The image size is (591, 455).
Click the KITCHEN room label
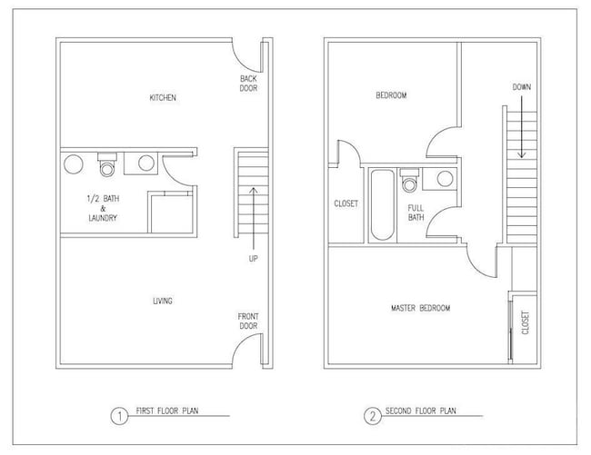click(x=162, y=98)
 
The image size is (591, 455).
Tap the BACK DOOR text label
click(x=248, y=84)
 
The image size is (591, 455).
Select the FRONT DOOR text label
click(x=248, y=320)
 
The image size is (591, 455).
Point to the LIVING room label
click(x=162, y=302)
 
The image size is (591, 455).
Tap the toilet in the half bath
click(x=106, y=164)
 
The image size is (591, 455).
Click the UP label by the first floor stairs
click(x=252, y=259)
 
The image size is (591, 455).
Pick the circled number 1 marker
click(x=117, y=417)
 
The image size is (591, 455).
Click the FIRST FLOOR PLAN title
click(x=168, y=411)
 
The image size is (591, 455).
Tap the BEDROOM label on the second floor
click(x=390, y=95)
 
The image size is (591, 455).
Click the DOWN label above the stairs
click(x=521, y=87)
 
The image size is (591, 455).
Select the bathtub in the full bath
click(x=381, y=204)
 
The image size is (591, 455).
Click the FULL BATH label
click(x=416, y=213)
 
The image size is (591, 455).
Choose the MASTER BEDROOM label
click(x=420, y=309)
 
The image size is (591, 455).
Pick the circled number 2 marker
click(x=372, y=417)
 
